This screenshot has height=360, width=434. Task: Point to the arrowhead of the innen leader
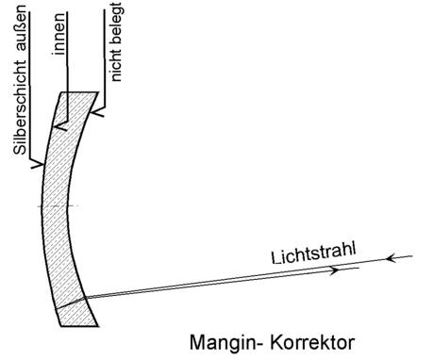pos(58,125)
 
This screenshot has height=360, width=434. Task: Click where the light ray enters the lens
pos(86,298)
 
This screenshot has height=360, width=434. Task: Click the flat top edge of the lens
pos(79,92)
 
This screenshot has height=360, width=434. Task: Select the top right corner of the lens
pos(98,92)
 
